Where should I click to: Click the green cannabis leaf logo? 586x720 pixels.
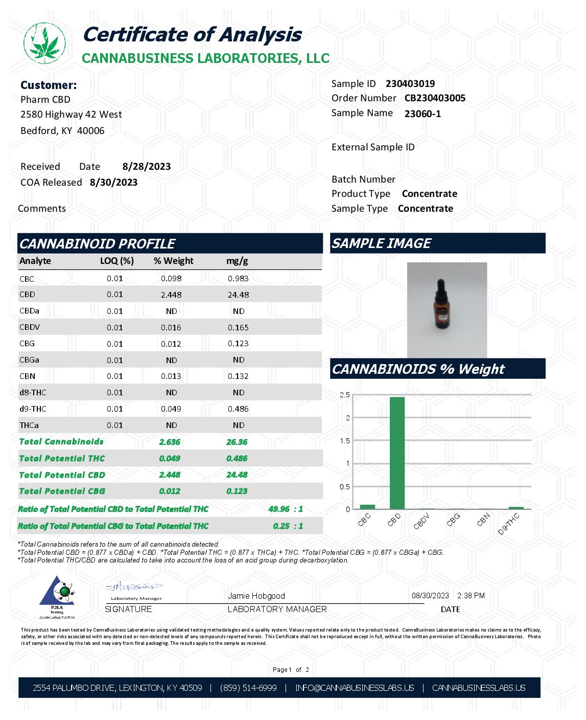click(x=44, y=43)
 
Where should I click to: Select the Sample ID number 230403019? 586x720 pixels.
click(x=410, y=84)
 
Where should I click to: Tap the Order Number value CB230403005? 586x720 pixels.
click(x=435, y=98)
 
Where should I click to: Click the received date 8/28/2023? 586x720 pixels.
click(x=147, y=167)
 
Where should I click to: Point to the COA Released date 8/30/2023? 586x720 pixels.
click(x=113, y=183)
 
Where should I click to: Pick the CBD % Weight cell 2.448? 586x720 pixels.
click(x=171, y=295)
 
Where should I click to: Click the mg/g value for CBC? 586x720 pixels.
click(x=238, y=279)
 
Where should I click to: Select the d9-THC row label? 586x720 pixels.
click(x=33, y=409)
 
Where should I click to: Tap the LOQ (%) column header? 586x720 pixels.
click(x=117, y=261)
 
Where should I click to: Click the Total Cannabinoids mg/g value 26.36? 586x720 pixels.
click(x=237, y=442)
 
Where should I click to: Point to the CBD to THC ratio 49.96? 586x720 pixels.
click(x=279, y=509)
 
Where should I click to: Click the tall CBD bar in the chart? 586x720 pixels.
click(x=397, y=453)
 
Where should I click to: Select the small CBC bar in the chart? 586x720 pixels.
click(x=367, y=507)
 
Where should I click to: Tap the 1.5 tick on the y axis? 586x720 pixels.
click(x=345, y=441)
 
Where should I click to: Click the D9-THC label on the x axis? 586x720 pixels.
click(x=509, y=524)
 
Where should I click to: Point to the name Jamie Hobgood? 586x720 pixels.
click(x=256, y=596)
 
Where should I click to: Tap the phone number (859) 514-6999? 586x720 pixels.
click(x=248, y=688)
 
